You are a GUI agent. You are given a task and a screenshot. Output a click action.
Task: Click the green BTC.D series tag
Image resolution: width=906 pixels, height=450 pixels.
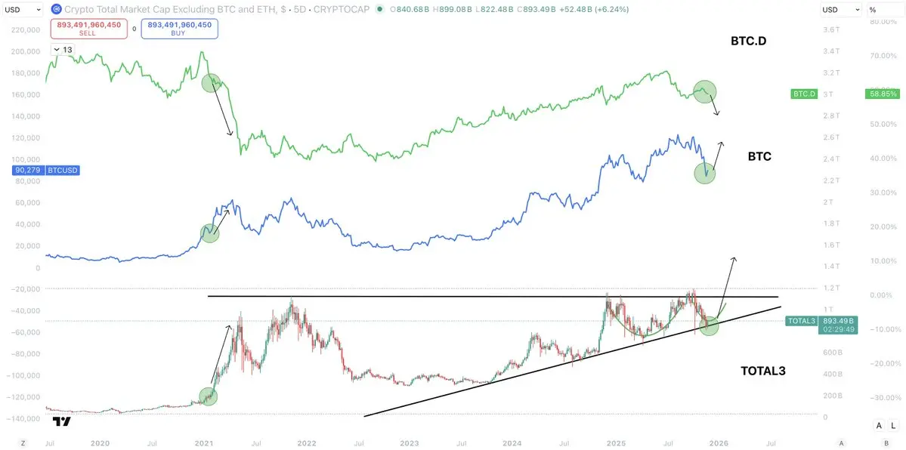[x=804, y=94]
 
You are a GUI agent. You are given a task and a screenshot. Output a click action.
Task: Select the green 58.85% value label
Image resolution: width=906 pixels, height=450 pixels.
[x=881, y=94]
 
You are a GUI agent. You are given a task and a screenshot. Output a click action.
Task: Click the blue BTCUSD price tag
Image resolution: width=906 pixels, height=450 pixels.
[x=47, y=171]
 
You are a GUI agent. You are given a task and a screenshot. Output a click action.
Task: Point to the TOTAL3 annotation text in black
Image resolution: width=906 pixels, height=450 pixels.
[x=764, y=371]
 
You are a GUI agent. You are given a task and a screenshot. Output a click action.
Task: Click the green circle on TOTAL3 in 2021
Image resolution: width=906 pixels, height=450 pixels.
[x=208, y=396]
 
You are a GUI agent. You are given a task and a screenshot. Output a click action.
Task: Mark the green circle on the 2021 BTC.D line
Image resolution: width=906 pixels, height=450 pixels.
[x=212, y=84]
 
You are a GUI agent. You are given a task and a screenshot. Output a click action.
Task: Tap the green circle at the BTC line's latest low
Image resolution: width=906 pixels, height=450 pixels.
[x=704, y=173]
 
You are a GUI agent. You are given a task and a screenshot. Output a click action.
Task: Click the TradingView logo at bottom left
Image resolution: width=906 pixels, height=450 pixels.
[x=63, y=422]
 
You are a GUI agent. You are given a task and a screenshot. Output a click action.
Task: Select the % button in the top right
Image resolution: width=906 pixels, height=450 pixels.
[x=873, y=9]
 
